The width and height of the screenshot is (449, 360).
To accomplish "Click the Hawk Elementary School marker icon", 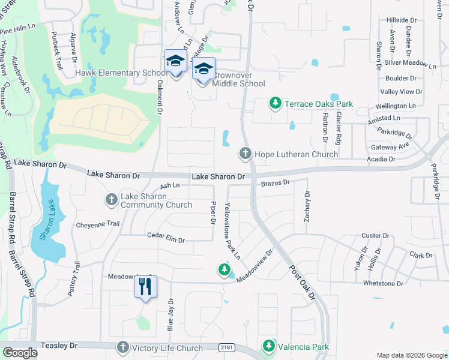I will click(x=175, y=62).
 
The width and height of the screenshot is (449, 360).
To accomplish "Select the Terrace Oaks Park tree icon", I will click(x=276, y=104).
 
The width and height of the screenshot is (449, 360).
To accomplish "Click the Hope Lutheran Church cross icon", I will click(x=246, y=154).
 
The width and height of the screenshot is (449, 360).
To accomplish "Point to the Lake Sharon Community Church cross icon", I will click(x=112, y=200).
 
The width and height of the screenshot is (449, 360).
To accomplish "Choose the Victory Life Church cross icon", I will click(x=122, y=348).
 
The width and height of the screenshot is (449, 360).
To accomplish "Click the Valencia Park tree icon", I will click(x=268, y=347).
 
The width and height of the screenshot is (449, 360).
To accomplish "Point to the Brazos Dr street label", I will click(x=276, y=182).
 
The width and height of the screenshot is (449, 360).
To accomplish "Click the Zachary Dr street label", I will click(x=307, y=206).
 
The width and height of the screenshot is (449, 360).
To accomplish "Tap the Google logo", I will click(x=20, y=353).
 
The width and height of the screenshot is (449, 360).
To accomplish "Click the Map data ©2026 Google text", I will click(x=411, y=355).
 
